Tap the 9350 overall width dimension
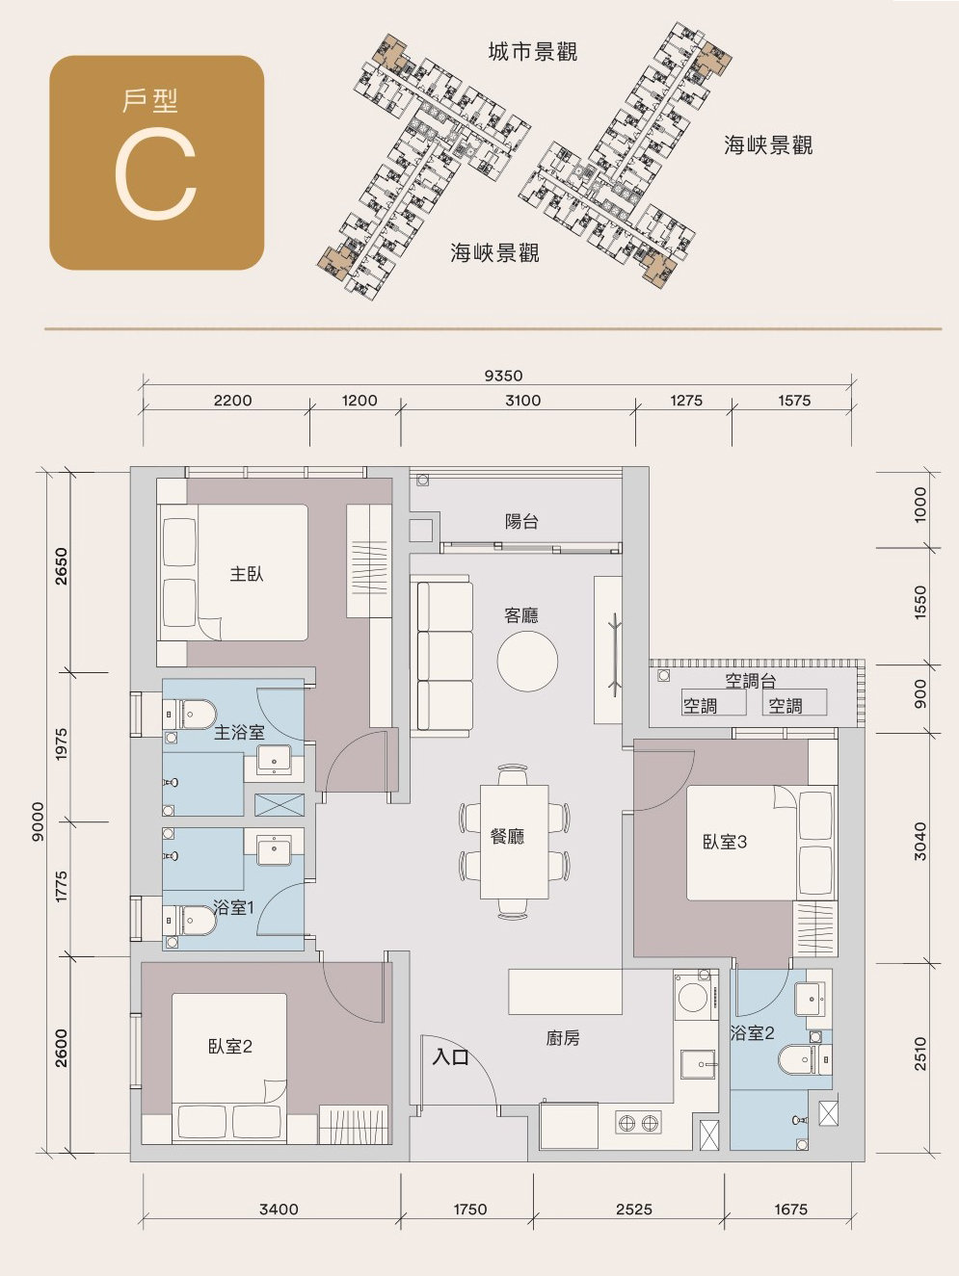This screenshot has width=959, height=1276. pyautogui.click(x=504, y=376)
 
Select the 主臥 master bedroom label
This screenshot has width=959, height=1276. pyautogui.click(x=247, y=574)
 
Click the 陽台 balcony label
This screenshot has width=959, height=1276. pyautogui.click(x=521, y=521)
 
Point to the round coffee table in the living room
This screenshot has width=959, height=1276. pyautogui.click(x=527, y=661)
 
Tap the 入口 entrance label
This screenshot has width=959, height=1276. pyautogui.click(x=450, y=1056)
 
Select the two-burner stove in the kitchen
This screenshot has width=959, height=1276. pyautogui.click(x=638, y=1123)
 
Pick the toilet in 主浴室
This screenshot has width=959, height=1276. pyautogui.click(x=191, y=714)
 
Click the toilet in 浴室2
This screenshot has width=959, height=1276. pyautogui.click(x=804, y=1059)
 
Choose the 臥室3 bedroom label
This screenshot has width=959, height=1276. pyautogui.click(x=725, y=842)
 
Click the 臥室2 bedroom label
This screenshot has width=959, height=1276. pyautogui.click(x=230, y=1047)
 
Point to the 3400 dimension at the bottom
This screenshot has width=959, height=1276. pyautogui.click(x=279, y=1210)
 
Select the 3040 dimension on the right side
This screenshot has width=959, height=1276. pyautogui.click(x=919, y=841)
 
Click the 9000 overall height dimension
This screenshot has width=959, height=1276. pyautogui.click(x=38, y=821)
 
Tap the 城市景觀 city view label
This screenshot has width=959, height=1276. pyautogui.click(x=533, y=52)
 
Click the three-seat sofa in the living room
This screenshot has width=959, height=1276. pyautogui.click(x=442, y=653)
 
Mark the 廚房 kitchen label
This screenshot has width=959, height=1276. pyautogui.click(x=563, y=1038)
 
